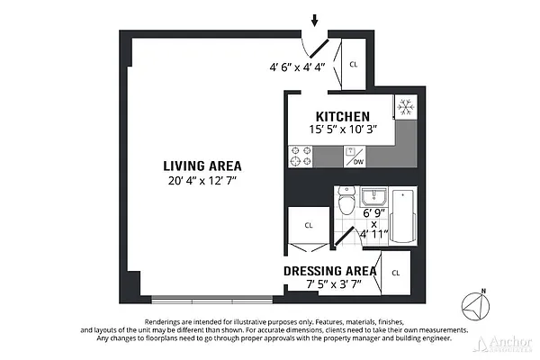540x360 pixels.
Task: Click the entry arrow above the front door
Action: (x=315, y=20)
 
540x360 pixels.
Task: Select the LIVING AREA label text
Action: (x=202, y=166)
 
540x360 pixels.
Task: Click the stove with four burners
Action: (x=300, y=157)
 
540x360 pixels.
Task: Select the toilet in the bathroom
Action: (x=346, y=203)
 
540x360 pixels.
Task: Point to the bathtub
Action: (x=404, y=216)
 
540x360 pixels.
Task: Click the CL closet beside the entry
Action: (x=353, y=64)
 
